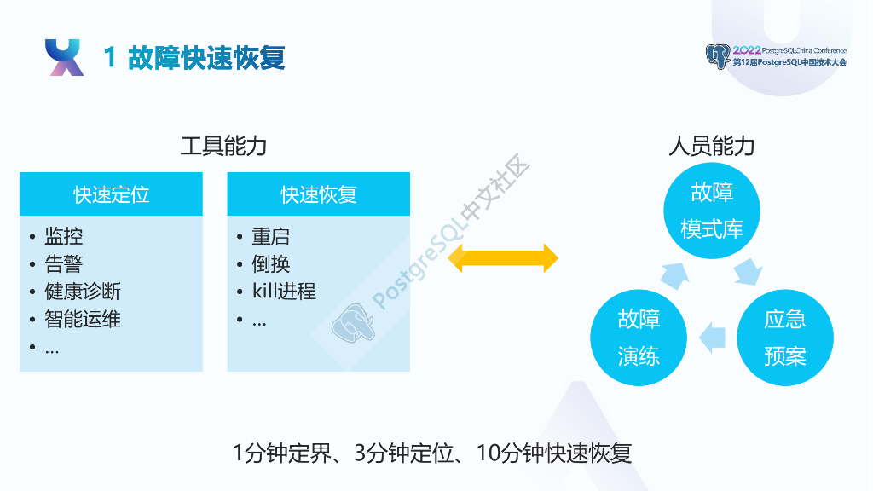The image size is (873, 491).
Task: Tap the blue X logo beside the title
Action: (x=64, y=57)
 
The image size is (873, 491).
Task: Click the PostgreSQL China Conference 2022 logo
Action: (x=776, y=56)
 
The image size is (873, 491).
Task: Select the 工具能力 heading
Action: (x=224, y=146)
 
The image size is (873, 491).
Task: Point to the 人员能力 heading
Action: (x=712, y=146)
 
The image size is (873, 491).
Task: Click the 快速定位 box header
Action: (x=111, y=194)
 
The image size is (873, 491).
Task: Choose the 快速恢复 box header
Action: (x=319, y=194)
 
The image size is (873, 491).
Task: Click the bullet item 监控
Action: (x=63, y=236)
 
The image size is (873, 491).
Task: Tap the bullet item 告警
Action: (x=63, y=263)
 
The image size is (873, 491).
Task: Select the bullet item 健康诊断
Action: (x=82, y=292)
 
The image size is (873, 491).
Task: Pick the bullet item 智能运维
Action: (x=82, y=319)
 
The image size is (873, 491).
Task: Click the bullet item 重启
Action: (x=270, y=236)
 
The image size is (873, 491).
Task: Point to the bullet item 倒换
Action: (x=270, y=263)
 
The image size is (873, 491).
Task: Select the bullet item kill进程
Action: (x=284, y=292)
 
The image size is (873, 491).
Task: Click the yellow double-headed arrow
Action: (x=503, y=257)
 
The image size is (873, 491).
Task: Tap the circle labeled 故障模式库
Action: (x=712, y=211)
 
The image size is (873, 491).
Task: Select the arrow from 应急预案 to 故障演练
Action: (x=712, y=338)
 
